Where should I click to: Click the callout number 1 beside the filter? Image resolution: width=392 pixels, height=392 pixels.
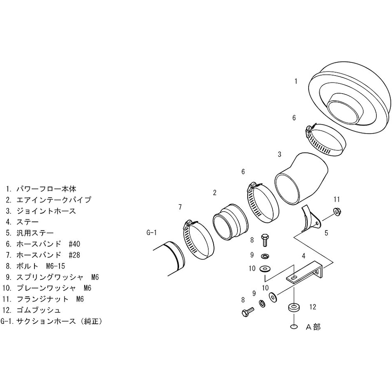point(296,81)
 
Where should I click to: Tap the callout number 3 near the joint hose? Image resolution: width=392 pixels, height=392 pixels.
point(279,154)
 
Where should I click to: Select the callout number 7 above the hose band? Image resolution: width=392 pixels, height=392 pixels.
point(180,207)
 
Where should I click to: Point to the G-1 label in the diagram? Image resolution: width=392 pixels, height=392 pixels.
point(151,233)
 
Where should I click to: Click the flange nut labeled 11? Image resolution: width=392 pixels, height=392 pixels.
point(338,212)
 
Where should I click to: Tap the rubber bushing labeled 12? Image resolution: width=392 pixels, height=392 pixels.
point(294,307)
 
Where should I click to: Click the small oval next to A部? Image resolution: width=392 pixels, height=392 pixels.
point(294,327)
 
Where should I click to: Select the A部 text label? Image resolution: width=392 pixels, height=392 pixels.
point(313,327)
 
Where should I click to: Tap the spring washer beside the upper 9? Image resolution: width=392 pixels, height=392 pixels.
point(265,256)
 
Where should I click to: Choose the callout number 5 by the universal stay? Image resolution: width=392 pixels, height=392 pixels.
point(326,233)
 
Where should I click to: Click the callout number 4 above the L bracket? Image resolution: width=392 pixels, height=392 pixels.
point(303,256)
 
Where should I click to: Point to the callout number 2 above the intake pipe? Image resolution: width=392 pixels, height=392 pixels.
point(214,192)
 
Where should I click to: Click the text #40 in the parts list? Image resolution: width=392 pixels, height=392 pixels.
point(74,244)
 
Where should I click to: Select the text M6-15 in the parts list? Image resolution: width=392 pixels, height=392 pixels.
point(56,266)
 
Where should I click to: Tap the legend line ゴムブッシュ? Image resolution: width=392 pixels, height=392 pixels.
point(38,310)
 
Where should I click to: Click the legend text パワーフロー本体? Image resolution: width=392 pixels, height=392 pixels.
point(46,189)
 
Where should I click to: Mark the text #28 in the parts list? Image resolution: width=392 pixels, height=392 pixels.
point(74,255)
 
